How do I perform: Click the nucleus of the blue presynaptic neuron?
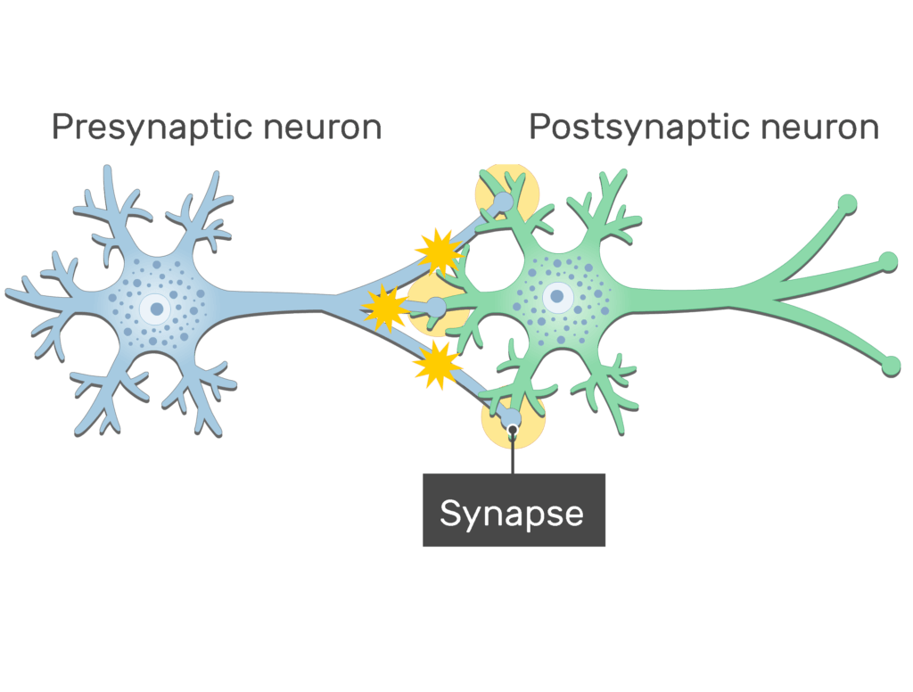[x=157, y=309]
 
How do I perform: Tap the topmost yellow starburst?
[x=439, y=252]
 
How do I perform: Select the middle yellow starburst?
[x=385, y=307]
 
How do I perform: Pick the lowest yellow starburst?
[x=437, y=365]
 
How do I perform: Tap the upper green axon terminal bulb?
[x=848, y=204]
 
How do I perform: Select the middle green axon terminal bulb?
[x=888, y=260]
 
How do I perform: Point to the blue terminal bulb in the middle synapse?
[x=436, y=308]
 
